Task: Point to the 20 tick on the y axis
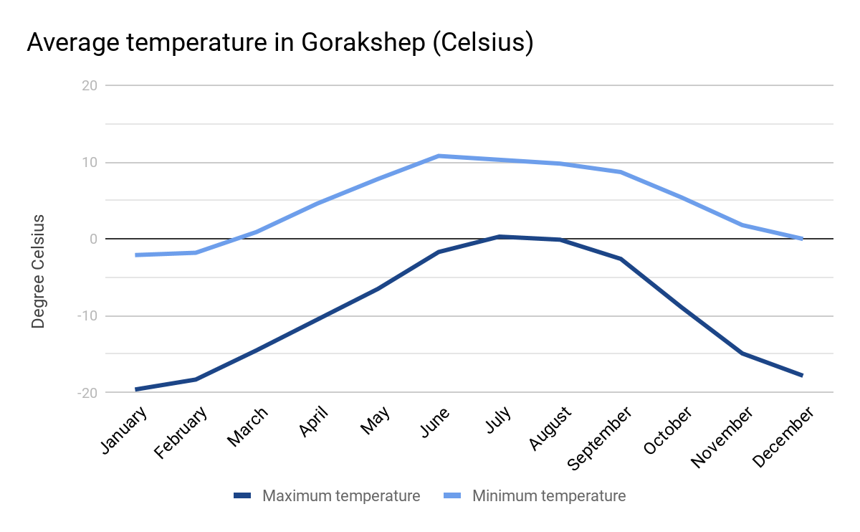(x=90, y=86)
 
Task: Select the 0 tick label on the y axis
(x=92, y=239)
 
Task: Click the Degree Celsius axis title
(x=39, y=271)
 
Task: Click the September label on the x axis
(x=601, y=438)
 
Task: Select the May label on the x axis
(x=376, y=421)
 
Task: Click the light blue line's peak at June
(x=438, y=156)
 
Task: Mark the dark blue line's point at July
(x=499, y=237)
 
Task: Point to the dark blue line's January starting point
(x=136, y=389)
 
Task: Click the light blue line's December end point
(x=801, y=239)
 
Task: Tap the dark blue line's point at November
(x=742, y=353)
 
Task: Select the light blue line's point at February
(x=196, y=252)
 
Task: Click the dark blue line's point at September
(x=621, y=259)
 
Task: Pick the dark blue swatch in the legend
(x=242, y=496)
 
